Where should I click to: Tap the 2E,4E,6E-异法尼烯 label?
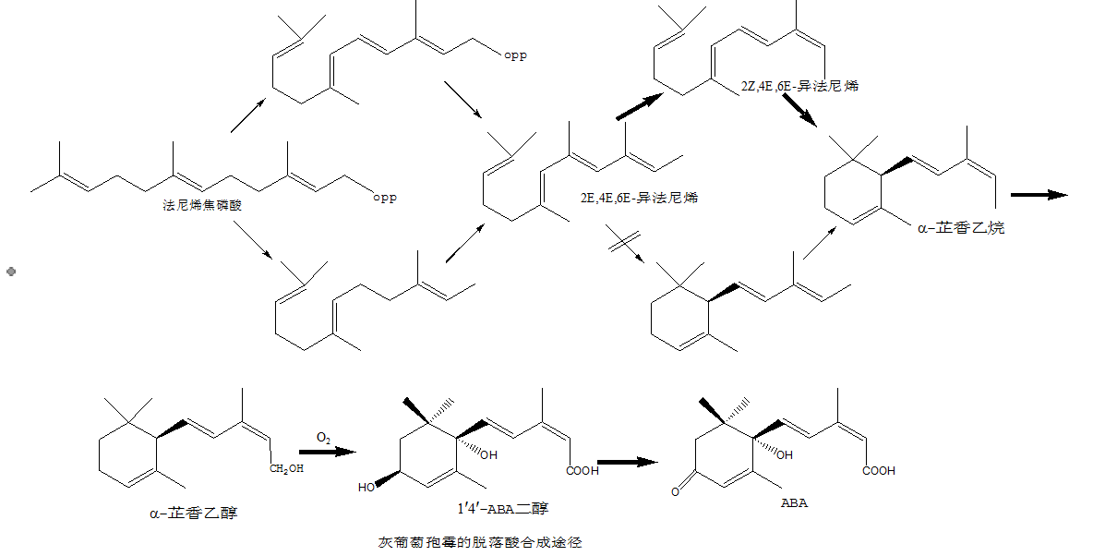coord(638,198)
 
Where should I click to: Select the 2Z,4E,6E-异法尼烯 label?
coord(799,86)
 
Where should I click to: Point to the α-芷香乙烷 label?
coord(961,227)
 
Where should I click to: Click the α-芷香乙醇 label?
coord(192,512)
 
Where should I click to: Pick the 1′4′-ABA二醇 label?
coord(503,507)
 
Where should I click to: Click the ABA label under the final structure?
coord(794,503)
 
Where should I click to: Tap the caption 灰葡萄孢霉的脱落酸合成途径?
coord(480,542)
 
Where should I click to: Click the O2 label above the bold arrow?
coord(324,436)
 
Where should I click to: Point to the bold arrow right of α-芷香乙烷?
coord(1039,195)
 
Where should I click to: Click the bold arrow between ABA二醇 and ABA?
coord(627,462)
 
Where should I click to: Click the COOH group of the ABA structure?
coord(879,471)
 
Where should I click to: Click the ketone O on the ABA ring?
coord(676,491)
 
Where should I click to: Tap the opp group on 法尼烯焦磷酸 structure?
coord(384,197)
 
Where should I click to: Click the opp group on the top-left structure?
coord(515,55)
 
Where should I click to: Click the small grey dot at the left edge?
coord(10,272)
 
